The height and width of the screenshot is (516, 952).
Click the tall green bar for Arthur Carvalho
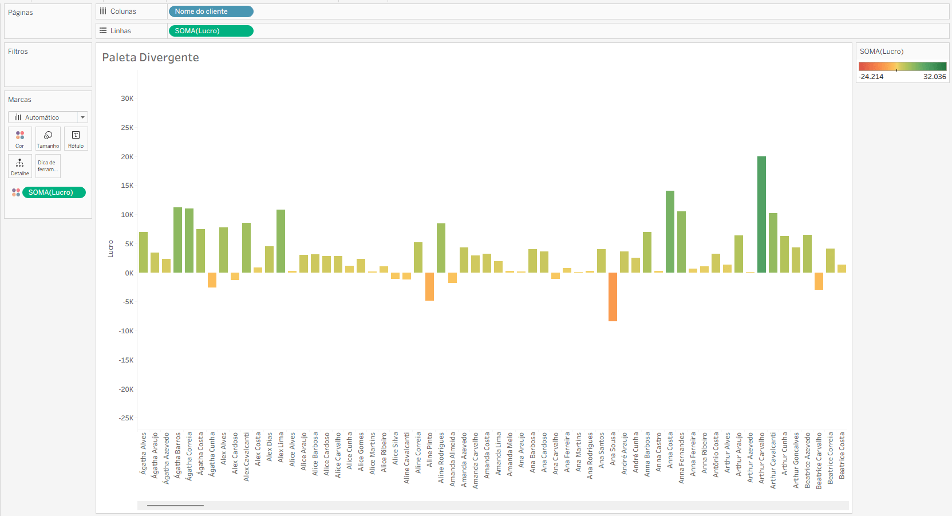(x=761, y=215)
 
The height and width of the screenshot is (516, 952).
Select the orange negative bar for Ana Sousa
(x=613, y=297)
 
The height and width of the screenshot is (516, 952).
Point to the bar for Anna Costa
(x=670, y=232)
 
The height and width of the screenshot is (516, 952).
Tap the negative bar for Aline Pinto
(x=429, y=286)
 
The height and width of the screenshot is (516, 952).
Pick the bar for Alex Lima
(x=281, y=241)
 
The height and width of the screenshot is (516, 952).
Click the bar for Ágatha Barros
(x=177, y=240)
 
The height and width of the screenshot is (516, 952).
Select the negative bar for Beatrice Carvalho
(x=819, y=281)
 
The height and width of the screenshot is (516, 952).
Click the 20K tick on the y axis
(x=127, y=157)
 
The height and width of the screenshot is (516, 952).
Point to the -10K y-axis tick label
(x=126, y=331)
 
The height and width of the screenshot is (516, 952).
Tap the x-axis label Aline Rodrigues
(x=441, y=458)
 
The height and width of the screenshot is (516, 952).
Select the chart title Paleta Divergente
(x=151, y=57)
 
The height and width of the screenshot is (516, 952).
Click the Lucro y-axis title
(x=110, y=249)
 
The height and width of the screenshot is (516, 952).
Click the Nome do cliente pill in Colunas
(x=211, y=11)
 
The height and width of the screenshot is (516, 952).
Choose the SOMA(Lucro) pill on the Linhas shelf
(x=211, y=31)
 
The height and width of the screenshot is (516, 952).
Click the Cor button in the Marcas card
(x=20, y=139)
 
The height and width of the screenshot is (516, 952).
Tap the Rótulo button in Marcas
(x=76, y=139)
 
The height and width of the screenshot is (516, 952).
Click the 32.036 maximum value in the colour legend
(x=934, y=77)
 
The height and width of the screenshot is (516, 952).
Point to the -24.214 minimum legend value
(x=871, y=77)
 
